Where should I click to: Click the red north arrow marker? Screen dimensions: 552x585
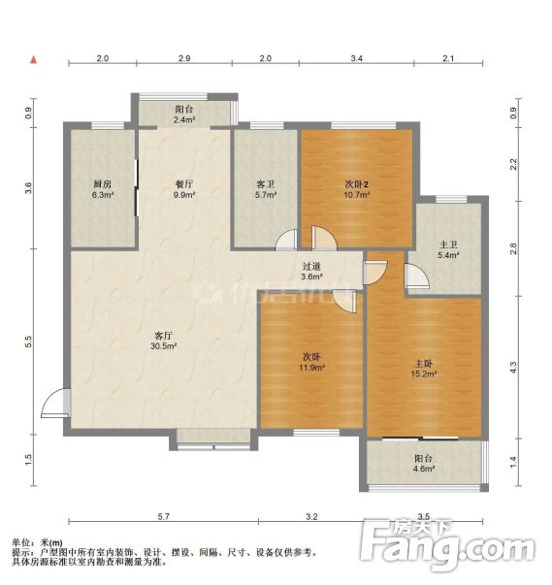coord(34,60)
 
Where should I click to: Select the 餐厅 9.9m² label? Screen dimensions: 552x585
coord(184,189)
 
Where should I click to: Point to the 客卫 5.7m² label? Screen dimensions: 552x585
coord(266,189)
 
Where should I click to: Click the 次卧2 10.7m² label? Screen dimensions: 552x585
coord(357,189)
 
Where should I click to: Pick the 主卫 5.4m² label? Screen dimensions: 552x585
coord(448,250)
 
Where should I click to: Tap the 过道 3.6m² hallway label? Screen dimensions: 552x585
coord(311,272)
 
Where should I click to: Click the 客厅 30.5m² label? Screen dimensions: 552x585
coord(163,341)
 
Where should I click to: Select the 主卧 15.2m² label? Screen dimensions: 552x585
coord(424,369)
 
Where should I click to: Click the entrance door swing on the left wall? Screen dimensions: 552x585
coord(55,403)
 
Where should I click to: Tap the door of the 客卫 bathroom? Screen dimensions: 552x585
coord(287,240)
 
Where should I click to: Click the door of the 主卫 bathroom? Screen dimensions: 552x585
coord(416,276)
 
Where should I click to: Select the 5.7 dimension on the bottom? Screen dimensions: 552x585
coord(163,517)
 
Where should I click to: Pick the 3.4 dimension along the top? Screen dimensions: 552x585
coord(357,58)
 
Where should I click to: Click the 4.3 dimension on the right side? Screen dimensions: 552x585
coord(513,368)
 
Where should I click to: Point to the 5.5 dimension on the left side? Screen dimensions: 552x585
coord(29,341)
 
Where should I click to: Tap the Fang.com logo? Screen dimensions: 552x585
coord(447,546)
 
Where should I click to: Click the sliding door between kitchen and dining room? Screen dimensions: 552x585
coord(137,187)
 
